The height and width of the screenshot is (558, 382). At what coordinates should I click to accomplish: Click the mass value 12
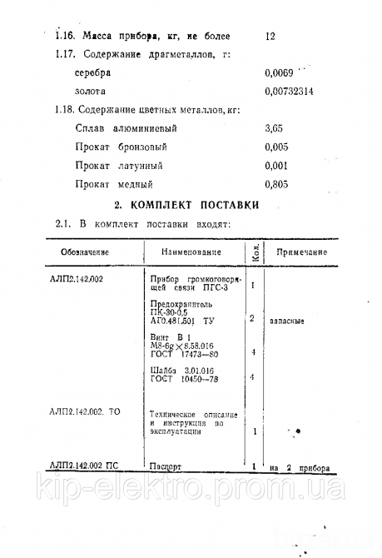click(269, 36)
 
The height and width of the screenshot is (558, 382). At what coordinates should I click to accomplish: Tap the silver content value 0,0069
click(278, 72)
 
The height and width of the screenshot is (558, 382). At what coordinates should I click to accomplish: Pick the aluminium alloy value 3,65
click(273, 129)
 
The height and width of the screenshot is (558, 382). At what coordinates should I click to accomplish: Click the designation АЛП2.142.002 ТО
click(85, 411)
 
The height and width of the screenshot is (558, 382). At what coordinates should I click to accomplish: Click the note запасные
click(286, 319)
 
